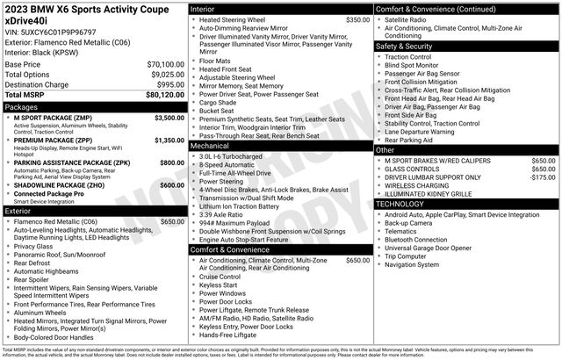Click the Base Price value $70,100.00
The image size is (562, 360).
[x=165, y=65]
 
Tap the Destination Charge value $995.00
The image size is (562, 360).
[x=170, y=84]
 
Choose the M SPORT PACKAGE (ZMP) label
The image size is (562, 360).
[x=50, y=117]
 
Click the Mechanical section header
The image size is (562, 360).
[x=213, y=147]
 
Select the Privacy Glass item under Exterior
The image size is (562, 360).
[x=34, y=247]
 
